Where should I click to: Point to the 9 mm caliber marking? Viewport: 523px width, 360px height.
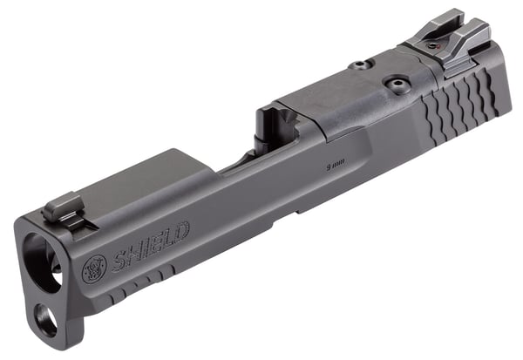click(332, 162)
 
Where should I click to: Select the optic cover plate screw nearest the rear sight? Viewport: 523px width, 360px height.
click(397, 85)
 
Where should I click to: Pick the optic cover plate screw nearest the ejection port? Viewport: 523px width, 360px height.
click(358, 65)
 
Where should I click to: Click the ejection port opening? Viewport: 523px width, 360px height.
click(270, 139)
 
